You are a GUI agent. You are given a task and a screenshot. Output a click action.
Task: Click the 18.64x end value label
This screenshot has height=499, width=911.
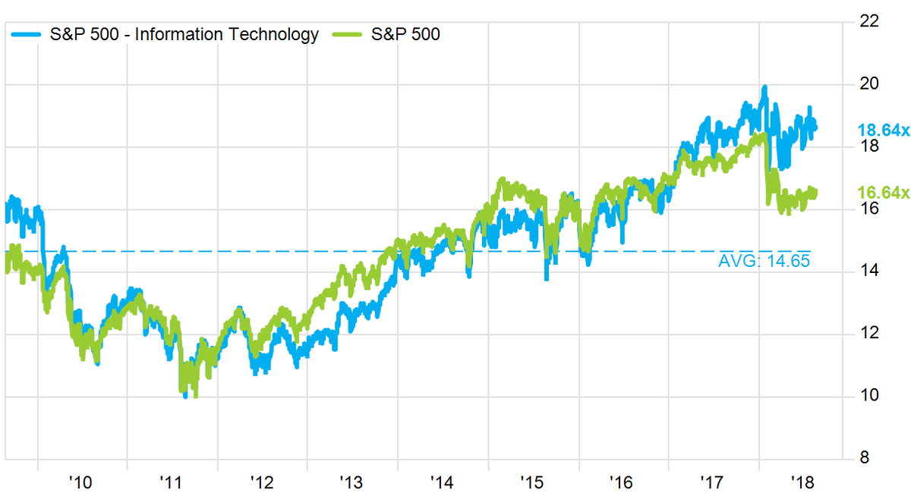[883, 130]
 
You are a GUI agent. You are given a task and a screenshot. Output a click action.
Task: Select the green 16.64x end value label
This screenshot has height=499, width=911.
[883, 193]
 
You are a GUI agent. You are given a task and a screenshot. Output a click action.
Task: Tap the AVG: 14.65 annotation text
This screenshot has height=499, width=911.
[764, 262]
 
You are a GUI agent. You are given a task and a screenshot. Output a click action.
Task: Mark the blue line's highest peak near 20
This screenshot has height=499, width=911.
[764, 87]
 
